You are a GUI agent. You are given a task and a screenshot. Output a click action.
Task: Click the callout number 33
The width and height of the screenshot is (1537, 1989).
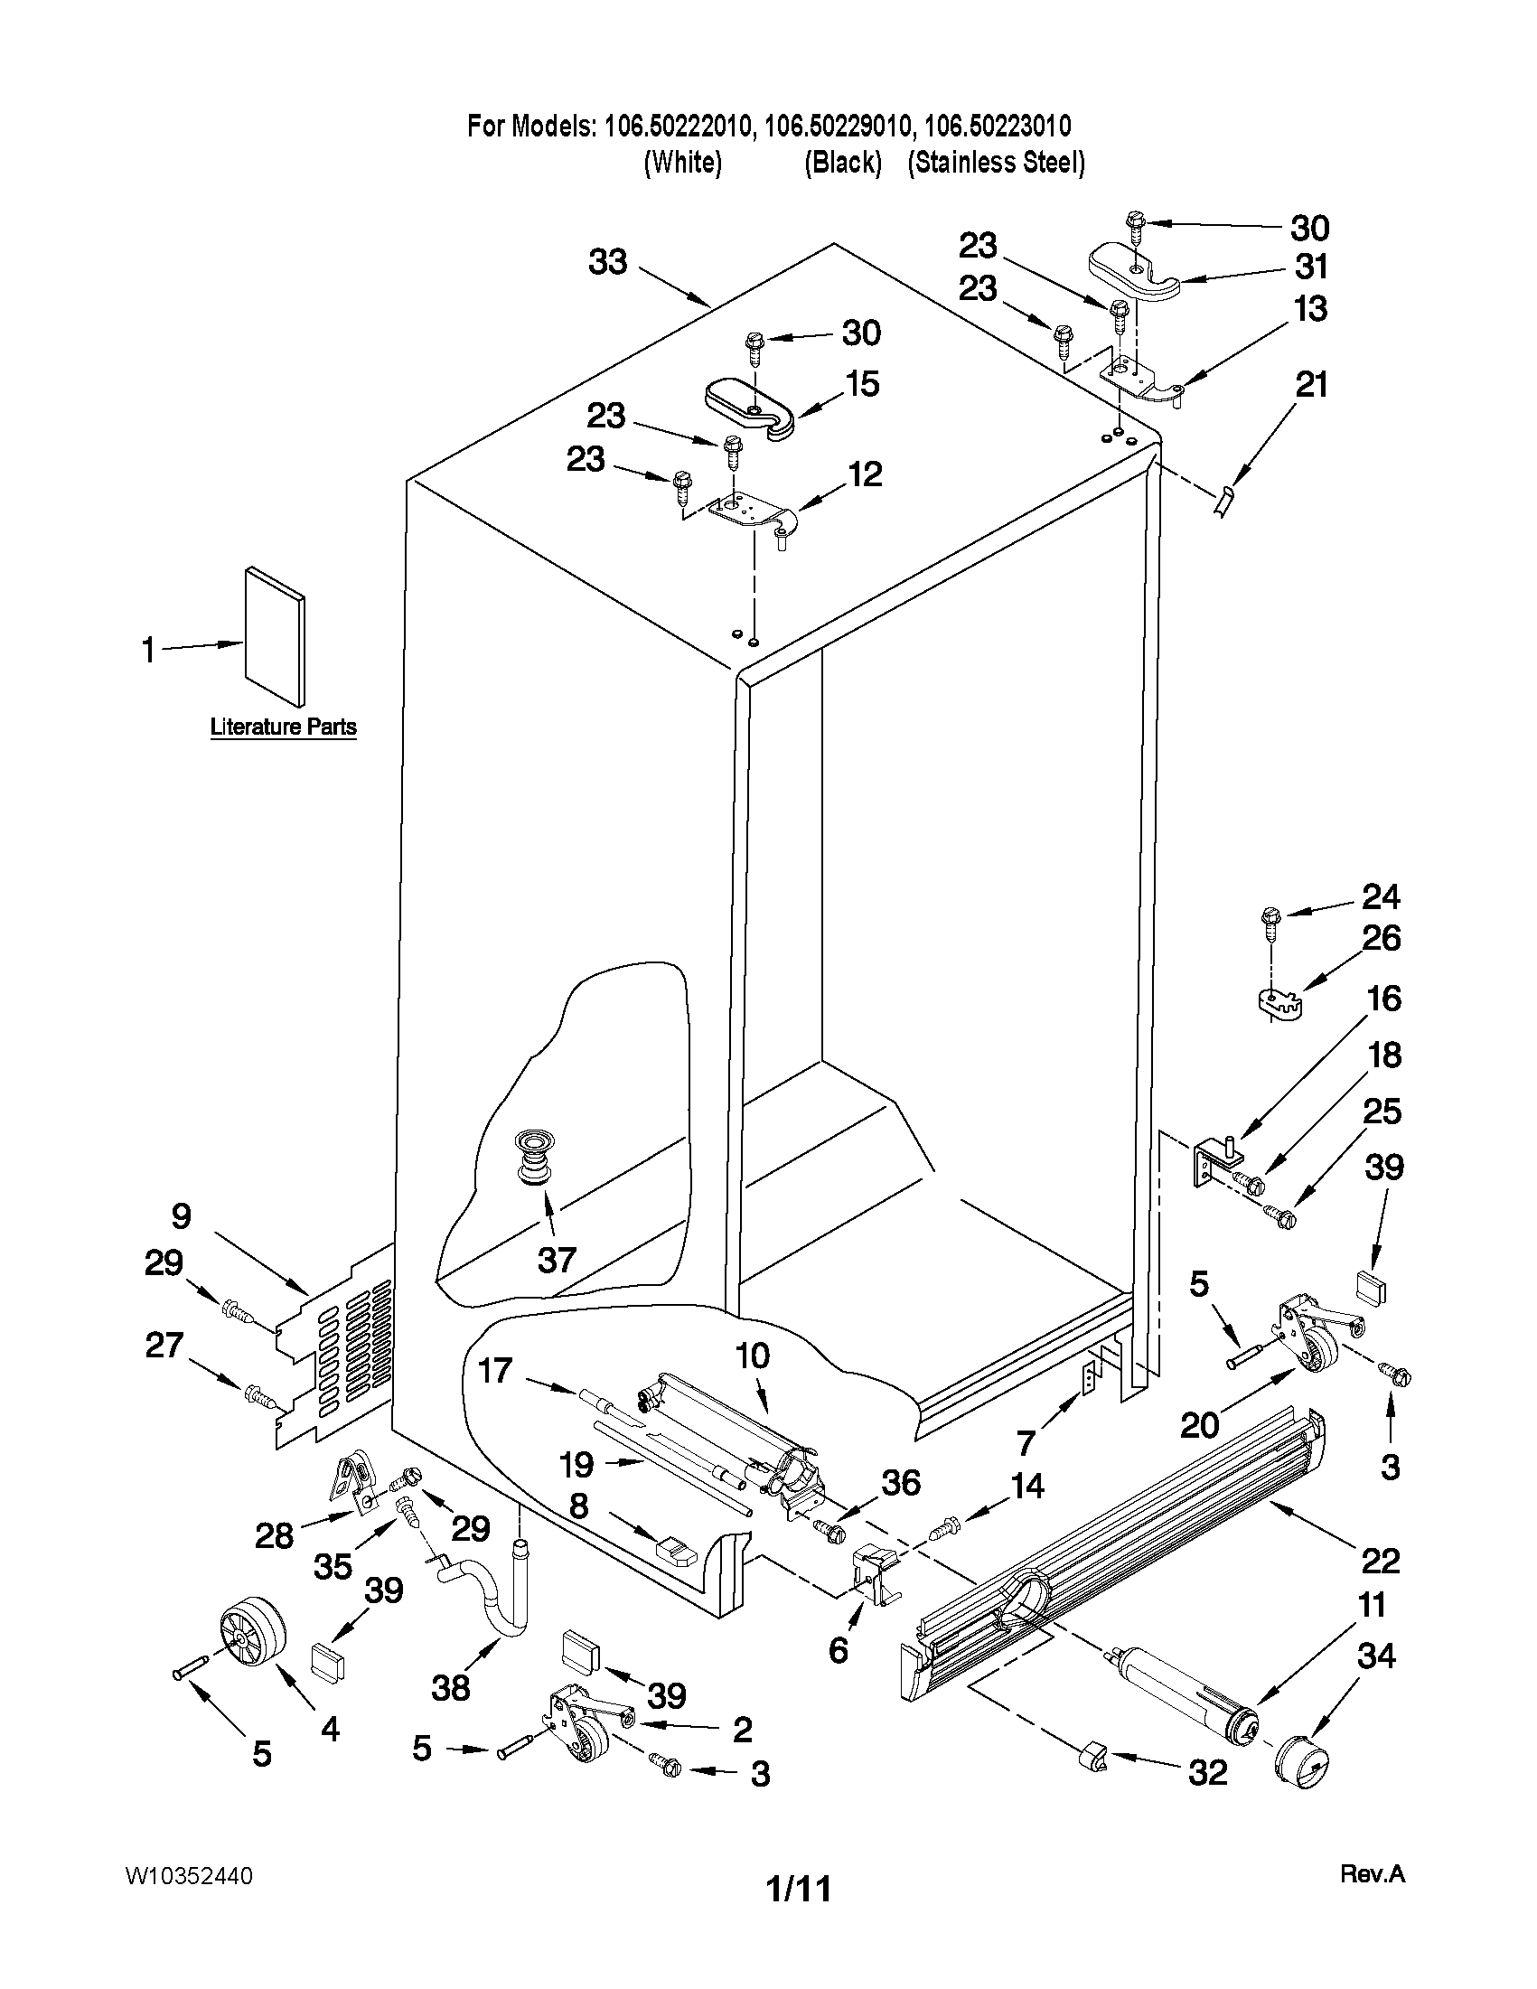tap(608, 262)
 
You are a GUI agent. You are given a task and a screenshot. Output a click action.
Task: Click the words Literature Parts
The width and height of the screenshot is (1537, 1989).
tap(283, 727)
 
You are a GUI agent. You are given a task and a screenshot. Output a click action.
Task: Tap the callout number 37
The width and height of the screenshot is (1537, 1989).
tap(557, 1261)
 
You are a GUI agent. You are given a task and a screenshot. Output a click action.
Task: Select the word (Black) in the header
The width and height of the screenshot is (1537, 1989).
tap(842, 163)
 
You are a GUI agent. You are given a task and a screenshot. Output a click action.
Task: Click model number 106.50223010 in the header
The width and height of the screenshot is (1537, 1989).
tap(997, 125)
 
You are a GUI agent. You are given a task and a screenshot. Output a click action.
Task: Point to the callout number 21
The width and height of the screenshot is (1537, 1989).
tap(1311, 385)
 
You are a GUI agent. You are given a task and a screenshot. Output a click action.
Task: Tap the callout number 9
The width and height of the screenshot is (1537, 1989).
tap(181, 1215)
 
